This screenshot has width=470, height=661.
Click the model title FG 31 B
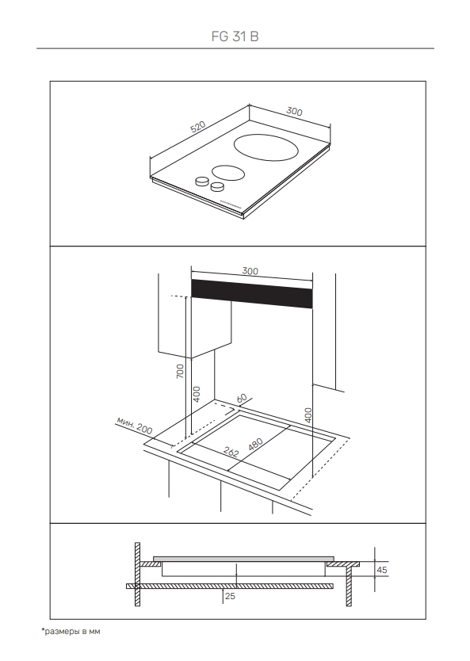pos(235,36)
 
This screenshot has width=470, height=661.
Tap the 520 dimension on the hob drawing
pos(197,127)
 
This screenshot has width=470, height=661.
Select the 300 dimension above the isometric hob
pos(294,111)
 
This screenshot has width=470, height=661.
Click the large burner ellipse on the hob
pos(266,147)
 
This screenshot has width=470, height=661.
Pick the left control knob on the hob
pos(202,181)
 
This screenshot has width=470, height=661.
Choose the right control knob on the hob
pos(217,186)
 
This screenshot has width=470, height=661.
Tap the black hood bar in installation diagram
pos(252,294)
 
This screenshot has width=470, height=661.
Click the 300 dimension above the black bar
pos(250,271)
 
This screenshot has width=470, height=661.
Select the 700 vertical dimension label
pos(180,371)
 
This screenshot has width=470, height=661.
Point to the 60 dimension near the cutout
pos(242,399)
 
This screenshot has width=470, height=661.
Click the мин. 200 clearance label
pos(135,426)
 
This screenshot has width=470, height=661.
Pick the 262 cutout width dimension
pos(231,453)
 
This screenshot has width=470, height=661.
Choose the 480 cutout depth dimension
pos(255,445)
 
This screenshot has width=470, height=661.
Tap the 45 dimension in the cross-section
pos(381,570)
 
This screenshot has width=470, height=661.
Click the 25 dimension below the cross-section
pos(230,596)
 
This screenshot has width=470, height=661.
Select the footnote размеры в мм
pos(71,631)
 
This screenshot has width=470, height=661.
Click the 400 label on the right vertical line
pos(308,415)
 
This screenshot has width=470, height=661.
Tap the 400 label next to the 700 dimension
pos(196,394)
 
